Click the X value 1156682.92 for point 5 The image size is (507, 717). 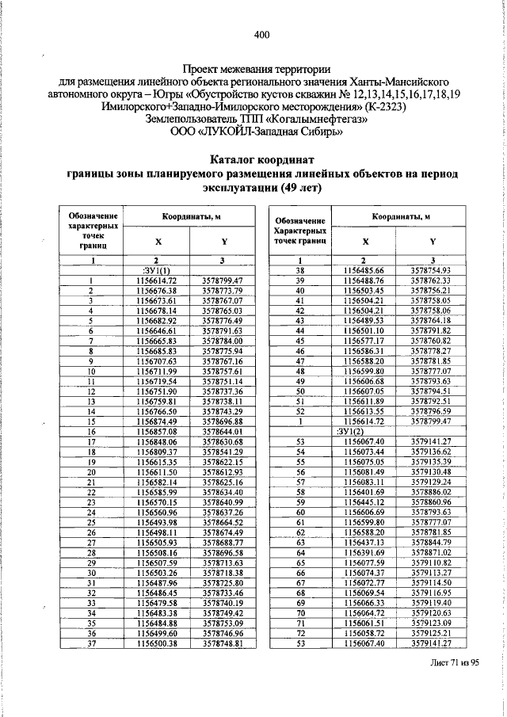pos(156,319)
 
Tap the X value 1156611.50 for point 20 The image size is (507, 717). pos(156,471)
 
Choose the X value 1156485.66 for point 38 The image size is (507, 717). pos(364,271)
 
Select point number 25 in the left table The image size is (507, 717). pos(92,522)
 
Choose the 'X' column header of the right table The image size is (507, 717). pos(364,241)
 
